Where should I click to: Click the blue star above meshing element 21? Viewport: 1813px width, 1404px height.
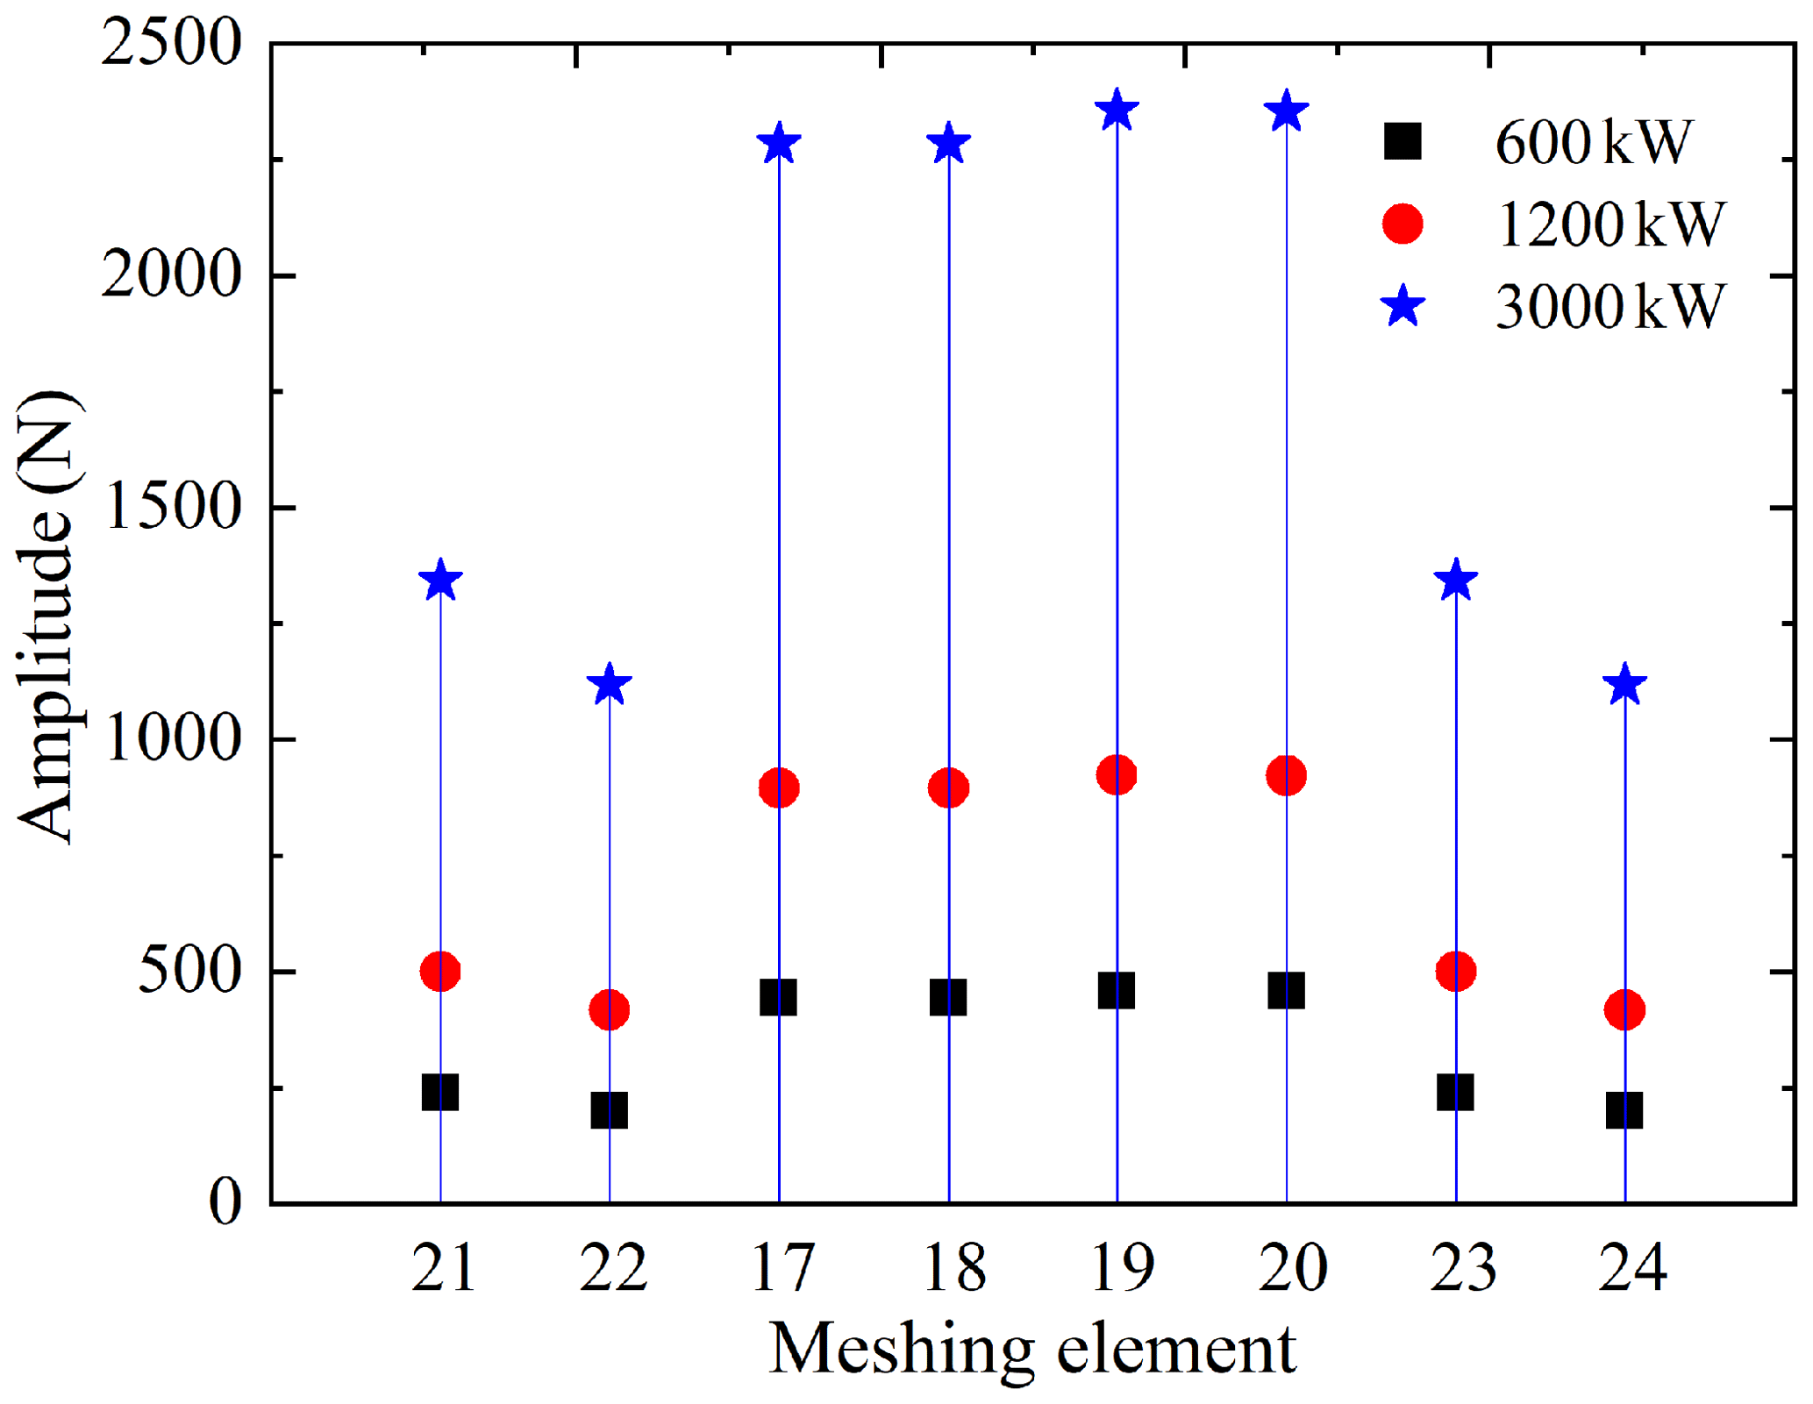coord(440,581)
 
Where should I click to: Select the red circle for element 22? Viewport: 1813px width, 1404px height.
coord(610,1009)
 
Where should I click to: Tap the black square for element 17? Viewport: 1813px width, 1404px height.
coord(778,997)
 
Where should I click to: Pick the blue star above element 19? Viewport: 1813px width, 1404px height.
coord(1117,111)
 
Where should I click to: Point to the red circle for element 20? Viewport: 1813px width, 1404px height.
coord(1286,775)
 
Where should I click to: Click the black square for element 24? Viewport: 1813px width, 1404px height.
coord(1624,1110)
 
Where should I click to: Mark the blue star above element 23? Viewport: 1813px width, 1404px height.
coord(1456,581)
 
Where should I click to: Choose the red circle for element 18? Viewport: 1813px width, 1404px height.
coord(948,788)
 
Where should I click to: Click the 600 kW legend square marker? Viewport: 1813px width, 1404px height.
coord(1403,141)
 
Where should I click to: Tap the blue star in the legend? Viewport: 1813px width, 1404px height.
coord(1403,306)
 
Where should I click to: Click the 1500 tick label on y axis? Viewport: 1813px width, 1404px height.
coord(171,507)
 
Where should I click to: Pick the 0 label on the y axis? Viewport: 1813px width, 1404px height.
coord(225,1202)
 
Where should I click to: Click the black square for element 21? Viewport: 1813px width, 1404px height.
coord(440,1093)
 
